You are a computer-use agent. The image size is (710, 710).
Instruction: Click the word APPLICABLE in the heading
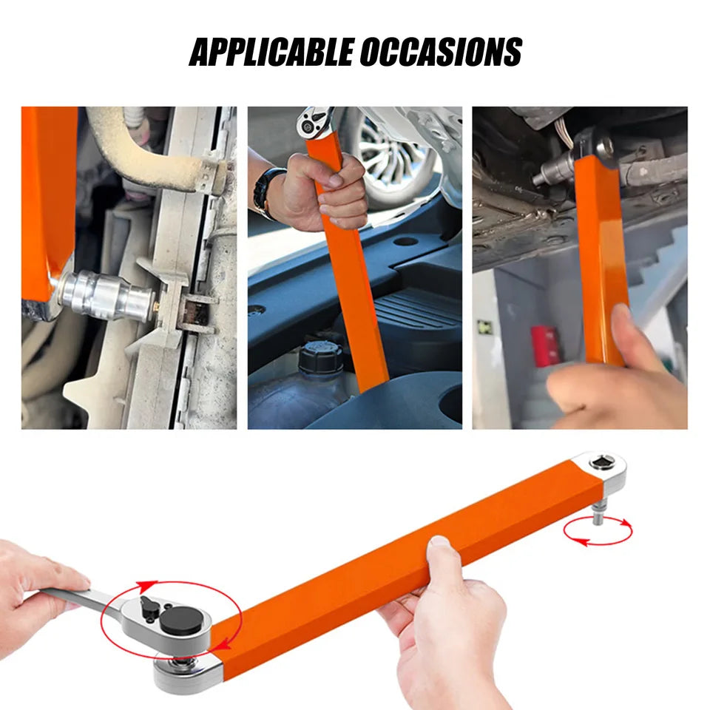[x=271, y=52]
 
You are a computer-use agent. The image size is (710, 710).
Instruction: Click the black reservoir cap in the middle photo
[x=319, y=356]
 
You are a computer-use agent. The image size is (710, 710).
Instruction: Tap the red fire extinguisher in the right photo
[x=545, y=345]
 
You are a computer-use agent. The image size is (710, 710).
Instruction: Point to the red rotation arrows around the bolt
[x=597, y=532]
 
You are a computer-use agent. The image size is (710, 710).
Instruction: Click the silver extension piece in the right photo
[x=550, y=175]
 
